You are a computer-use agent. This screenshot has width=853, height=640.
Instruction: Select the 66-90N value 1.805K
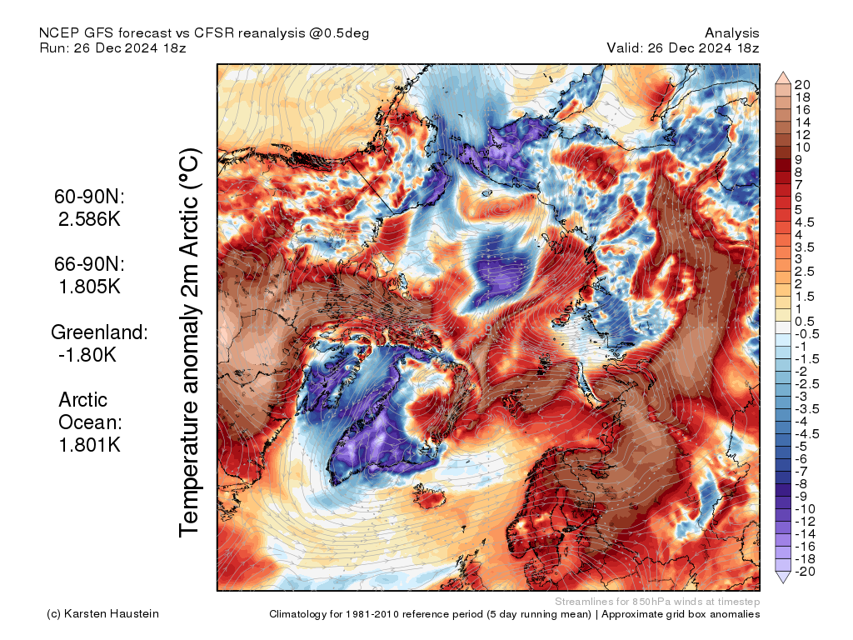[x=90, y=286]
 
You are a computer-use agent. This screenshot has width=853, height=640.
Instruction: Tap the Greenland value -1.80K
[x=87, y=354]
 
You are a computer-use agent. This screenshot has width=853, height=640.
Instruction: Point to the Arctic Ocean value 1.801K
[x=90, y=444]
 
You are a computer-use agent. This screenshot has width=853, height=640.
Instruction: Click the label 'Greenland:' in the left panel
[x=100, y=332]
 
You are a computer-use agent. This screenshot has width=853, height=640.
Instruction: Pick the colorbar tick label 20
[x=803, y=84]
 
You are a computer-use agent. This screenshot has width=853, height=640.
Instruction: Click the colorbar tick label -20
[x=805, y=571]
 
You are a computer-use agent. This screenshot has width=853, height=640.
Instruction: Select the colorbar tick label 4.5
[x=806, y=222]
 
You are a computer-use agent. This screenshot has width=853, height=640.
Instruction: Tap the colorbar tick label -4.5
[x=806, y=433]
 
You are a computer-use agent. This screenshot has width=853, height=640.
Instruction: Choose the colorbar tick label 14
[x=803, y=122]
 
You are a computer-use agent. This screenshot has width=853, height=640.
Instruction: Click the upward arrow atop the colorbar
[x=782, y=77]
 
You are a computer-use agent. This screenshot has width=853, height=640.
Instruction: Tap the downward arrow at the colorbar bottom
[x=782, y=577]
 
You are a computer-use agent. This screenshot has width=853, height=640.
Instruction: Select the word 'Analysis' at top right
[x=731, y=32]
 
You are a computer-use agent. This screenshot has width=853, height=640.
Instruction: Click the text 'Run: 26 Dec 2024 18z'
[x=112, y=47]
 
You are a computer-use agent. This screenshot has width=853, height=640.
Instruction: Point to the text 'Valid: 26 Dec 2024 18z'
[x=683, y=47]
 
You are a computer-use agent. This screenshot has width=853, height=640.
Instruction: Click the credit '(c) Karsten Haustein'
[x=102, y=614]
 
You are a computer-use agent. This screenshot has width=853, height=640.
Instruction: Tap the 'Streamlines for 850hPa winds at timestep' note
[x=656, y=602]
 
